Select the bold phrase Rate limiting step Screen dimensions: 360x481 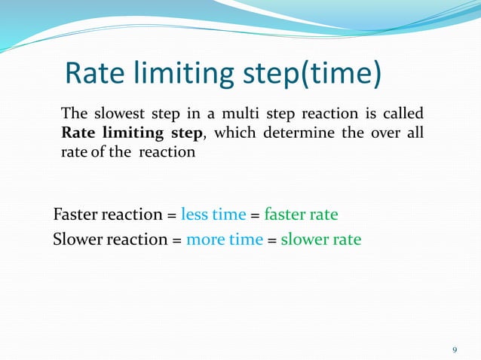pos(132,133)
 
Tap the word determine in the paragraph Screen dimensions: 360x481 pos(290,133)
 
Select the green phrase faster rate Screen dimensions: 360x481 pos(301,215)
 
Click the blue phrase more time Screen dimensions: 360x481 pos(225,240)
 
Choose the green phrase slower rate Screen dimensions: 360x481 pos(320,240)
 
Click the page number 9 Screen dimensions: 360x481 pos(454,349)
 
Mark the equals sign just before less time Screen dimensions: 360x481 pos(172,215)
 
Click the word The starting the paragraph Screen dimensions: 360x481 pos(73,114)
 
